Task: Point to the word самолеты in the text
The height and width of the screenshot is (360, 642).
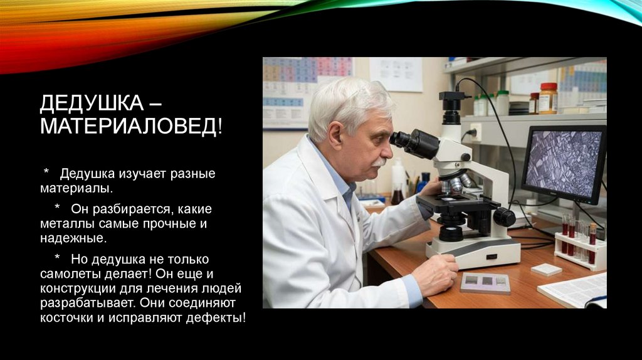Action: click(x=67, y=273)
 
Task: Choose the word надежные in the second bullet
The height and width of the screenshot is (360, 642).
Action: click(x=69, y=238)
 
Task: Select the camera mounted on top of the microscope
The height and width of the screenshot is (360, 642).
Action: click(x=451, y=103)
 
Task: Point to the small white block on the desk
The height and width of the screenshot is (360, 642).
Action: click(x=546, y=269)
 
